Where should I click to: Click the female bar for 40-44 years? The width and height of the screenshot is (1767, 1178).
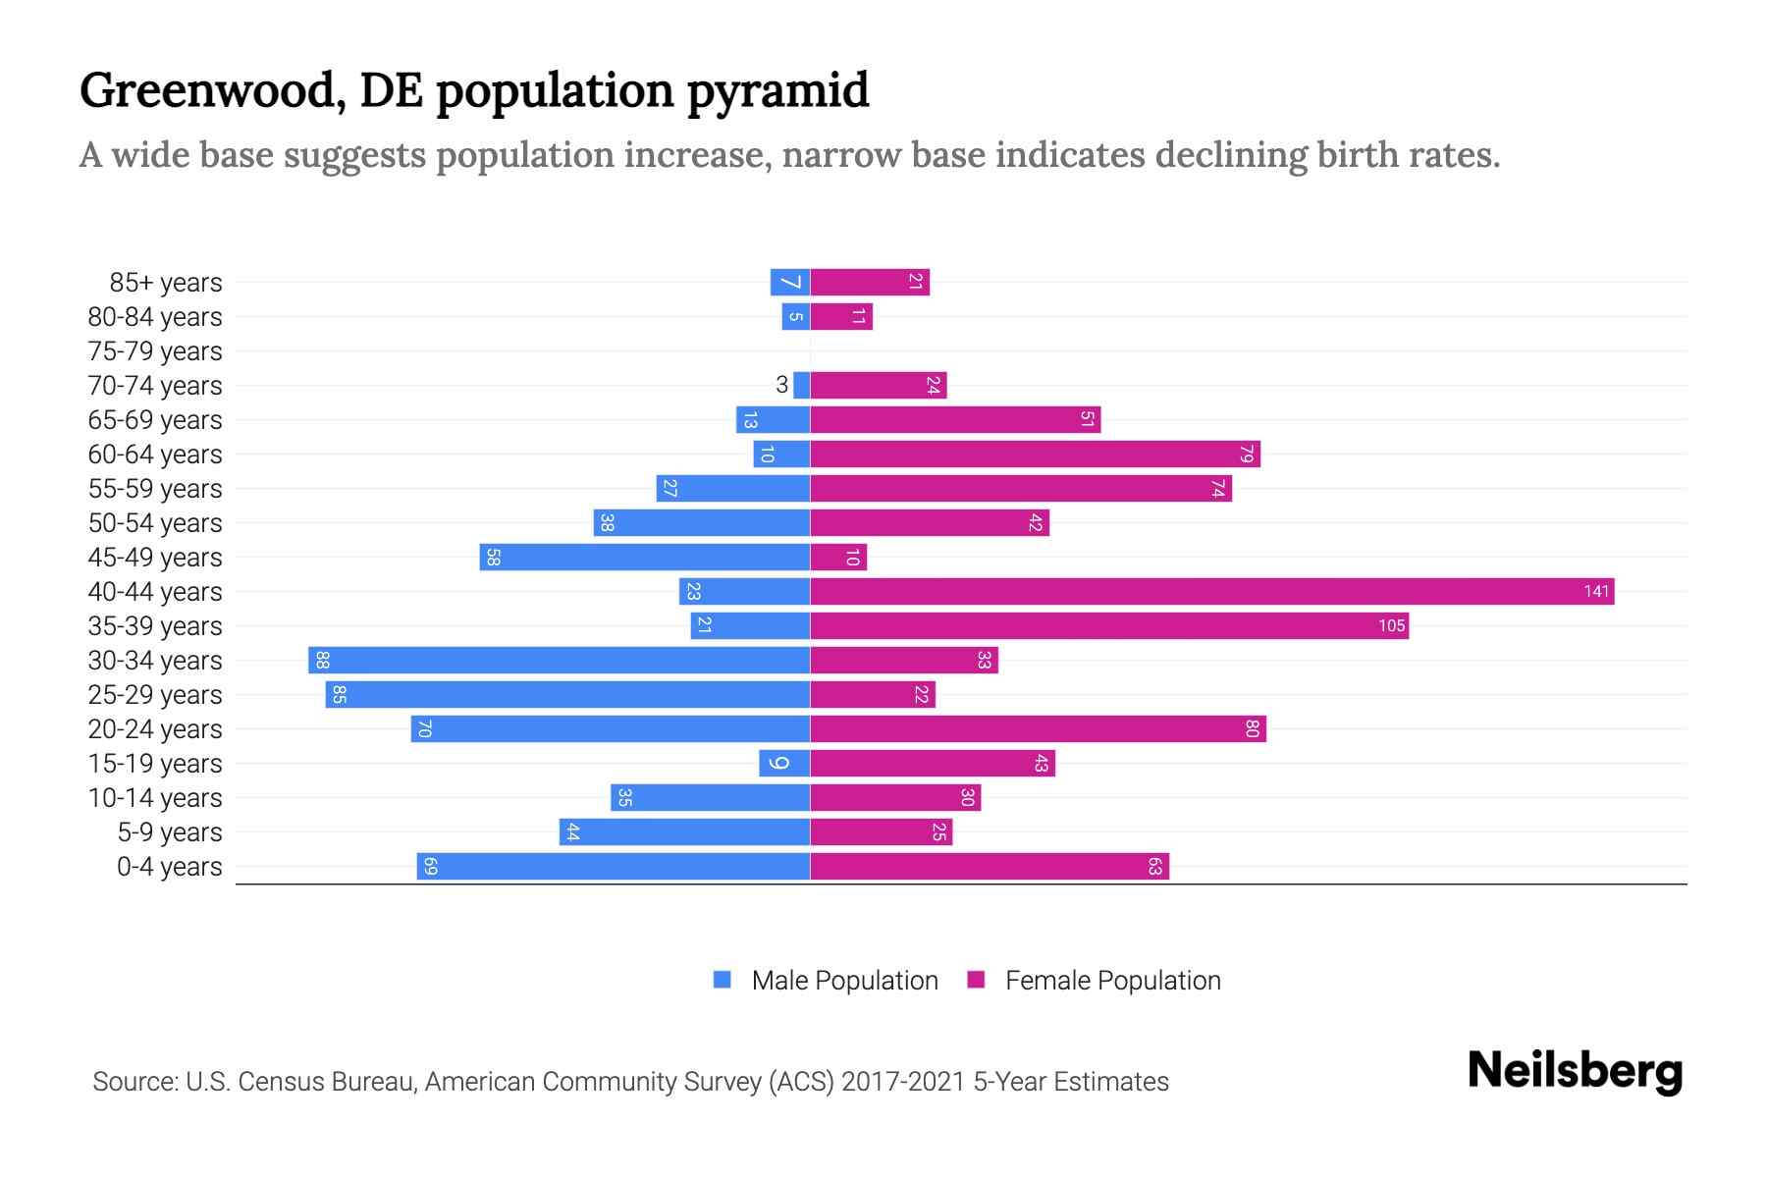coord(1211,591)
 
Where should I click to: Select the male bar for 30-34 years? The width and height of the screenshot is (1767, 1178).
coord(560,660)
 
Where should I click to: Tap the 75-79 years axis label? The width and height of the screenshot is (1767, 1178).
coord(155,351)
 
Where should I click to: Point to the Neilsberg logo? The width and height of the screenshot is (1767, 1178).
coord(1575,1071)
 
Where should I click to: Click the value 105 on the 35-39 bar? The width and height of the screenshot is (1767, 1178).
coord(1391,626)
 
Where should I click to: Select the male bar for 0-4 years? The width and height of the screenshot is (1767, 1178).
coord(614,866)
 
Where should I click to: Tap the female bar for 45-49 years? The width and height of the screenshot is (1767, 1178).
coord(838,557)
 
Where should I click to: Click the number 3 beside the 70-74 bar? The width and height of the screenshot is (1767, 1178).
coord(781,385)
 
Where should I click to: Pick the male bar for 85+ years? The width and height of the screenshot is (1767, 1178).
coord(790,282)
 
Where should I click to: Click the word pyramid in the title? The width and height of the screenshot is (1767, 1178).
coord(777,90)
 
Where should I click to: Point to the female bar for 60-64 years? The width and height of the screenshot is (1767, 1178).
coord(1035,454)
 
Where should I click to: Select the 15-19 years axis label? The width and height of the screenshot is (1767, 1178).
coord(155,764)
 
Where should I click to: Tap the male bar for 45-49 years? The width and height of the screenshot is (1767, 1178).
coord(645,557)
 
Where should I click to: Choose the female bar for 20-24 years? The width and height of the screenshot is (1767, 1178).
coord(1038,728)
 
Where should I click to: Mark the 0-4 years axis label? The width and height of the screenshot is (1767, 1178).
coord(169,867)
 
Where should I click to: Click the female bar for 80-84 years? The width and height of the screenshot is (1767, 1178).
coord(841,316)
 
